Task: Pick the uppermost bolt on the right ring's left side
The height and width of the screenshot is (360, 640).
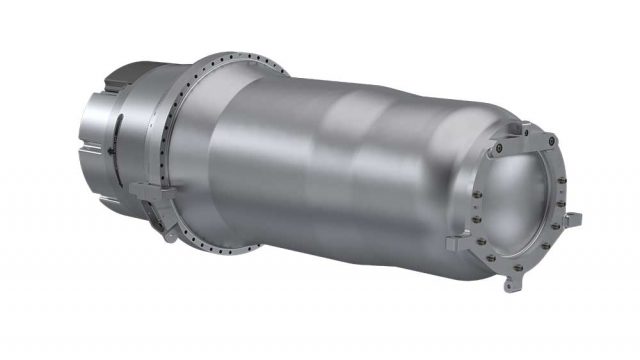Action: click(x=497, y=151)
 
